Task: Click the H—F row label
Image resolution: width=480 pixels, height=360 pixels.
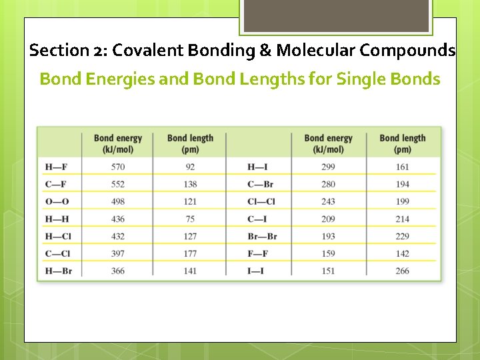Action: coord(56,167)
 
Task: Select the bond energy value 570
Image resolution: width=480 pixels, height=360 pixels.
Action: coord(117,167)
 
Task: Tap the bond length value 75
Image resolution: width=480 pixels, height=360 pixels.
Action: coord(190,219)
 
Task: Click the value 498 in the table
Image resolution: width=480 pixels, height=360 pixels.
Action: coord(117,201)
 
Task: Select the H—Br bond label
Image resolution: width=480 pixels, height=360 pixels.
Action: coord(59,271)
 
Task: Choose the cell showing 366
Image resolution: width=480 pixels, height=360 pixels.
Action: coord(117,271)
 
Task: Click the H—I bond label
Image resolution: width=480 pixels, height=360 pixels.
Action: coord(258,167)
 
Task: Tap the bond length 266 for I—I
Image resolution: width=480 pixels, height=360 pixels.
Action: coord(402,271)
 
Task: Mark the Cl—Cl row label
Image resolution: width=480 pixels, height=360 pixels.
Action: coord(261,201)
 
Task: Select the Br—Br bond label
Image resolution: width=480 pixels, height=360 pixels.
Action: coord(262,236)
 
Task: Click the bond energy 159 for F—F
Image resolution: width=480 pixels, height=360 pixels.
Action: coord(327,253)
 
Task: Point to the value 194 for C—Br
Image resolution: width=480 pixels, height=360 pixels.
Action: coord(402,184)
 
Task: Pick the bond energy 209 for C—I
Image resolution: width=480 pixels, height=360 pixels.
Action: coord(327,219)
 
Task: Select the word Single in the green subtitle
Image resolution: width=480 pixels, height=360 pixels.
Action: coord(361,79)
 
